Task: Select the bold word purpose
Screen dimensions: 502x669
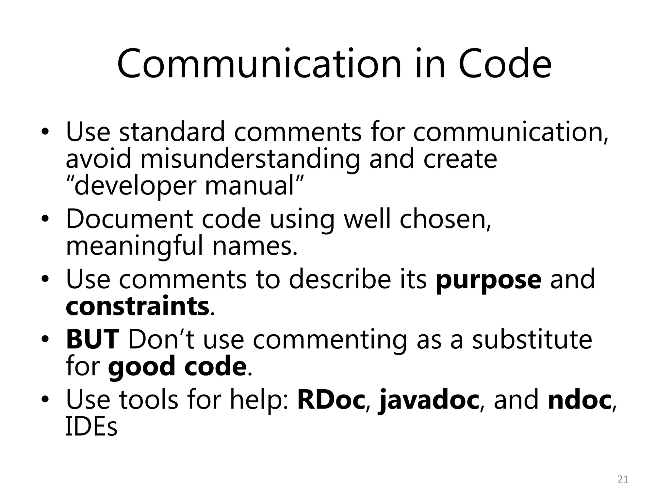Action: (489, 280)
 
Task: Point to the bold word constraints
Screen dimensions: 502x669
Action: (138, 306)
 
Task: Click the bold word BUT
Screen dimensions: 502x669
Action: (92, 340)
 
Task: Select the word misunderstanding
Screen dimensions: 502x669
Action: (250, 159)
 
